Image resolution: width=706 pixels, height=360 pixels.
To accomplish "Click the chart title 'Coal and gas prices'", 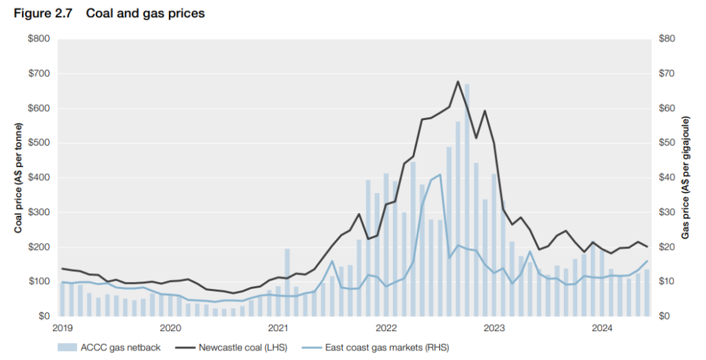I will [x=145, y=13].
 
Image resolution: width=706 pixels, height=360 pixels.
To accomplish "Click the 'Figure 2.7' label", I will [x=43, y=13].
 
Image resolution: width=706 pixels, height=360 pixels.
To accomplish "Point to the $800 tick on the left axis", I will [x=38, y=39].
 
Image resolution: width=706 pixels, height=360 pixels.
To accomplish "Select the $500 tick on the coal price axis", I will [x=38, y=143].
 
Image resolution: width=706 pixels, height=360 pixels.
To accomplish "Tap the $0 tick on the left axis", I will [x=43, y=316].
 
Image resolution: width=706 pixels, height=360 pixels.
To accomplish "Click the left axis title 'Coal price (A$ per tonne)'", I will [x=19, y=178].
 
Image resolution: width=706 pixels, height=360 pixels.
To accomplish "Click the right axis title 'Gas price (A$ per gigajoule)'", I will [x=686, y=178].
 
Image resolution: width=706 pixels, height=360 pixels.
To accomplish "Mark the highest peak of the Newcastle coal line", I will [x=458, y=81].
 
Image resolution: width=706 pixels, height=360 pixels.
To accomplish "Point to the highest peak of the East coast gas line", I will [x=440, y=174].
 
